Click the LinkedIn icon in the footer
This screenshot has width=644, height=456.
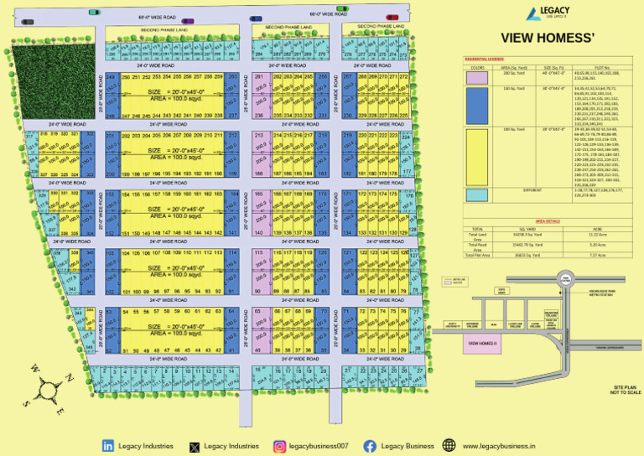point(108,446)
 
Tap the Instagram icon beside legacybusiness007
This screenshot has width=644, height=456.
point(279,446)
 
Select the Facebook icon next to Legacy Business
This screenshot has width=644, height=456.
point(370,446)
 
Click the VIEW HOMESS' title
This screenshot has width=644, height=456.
point(548,37)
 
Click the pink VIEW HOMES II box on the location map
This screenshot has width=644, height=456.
point(485,344)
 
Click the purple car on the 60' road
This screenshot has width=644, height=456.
point(189,21)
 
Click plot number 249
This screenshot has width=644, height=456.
point(111,77)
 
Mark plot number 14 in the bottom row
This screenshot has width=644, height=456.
point(231,370)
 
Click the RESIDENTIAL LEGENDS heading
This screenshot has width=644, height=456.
point(484,60)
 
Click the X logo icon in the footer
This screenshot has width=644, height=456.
point(195,446)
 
